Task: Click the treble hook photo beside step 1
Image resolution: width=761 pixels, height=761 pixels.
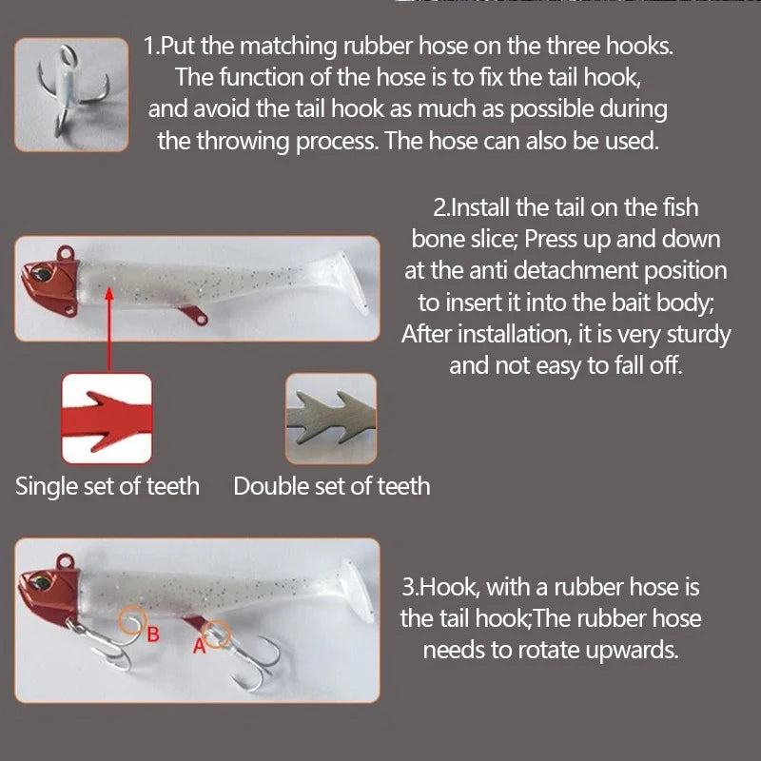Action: tap(71, 94)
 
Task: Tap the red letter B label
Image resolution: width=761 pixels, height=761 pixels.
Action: tap(153, 634)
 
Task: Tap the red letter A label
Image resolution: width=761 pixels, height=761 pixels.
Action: tap(200, 646)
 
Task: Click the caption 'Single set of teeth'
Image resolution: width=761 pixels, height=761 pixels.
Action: tap(107, 486)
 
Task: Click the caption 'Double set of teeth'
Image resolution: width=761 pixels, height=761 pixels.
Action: tap(331, 486)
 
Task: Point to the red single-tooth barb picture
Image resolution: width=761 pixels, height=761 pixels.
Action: tap(107, 419)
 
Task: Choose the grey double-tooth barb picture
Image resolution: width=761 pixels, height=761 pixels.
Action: tap(331, 419)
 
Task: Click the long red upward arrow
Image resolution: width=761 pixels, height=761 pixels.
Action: tap(109, 330)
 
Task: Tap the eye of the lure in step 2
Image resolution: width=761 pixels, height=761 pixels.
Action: tap(41, 273)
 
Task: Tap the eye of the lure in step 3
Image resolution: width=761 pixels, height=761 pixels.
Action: tap(41, 581)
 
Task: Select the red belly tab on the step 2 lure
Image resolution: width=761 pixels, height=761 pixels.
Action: tap(194, 315)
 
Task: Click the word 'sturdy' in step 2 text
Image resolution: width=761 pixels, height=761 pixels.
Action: tap(698, 335)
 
